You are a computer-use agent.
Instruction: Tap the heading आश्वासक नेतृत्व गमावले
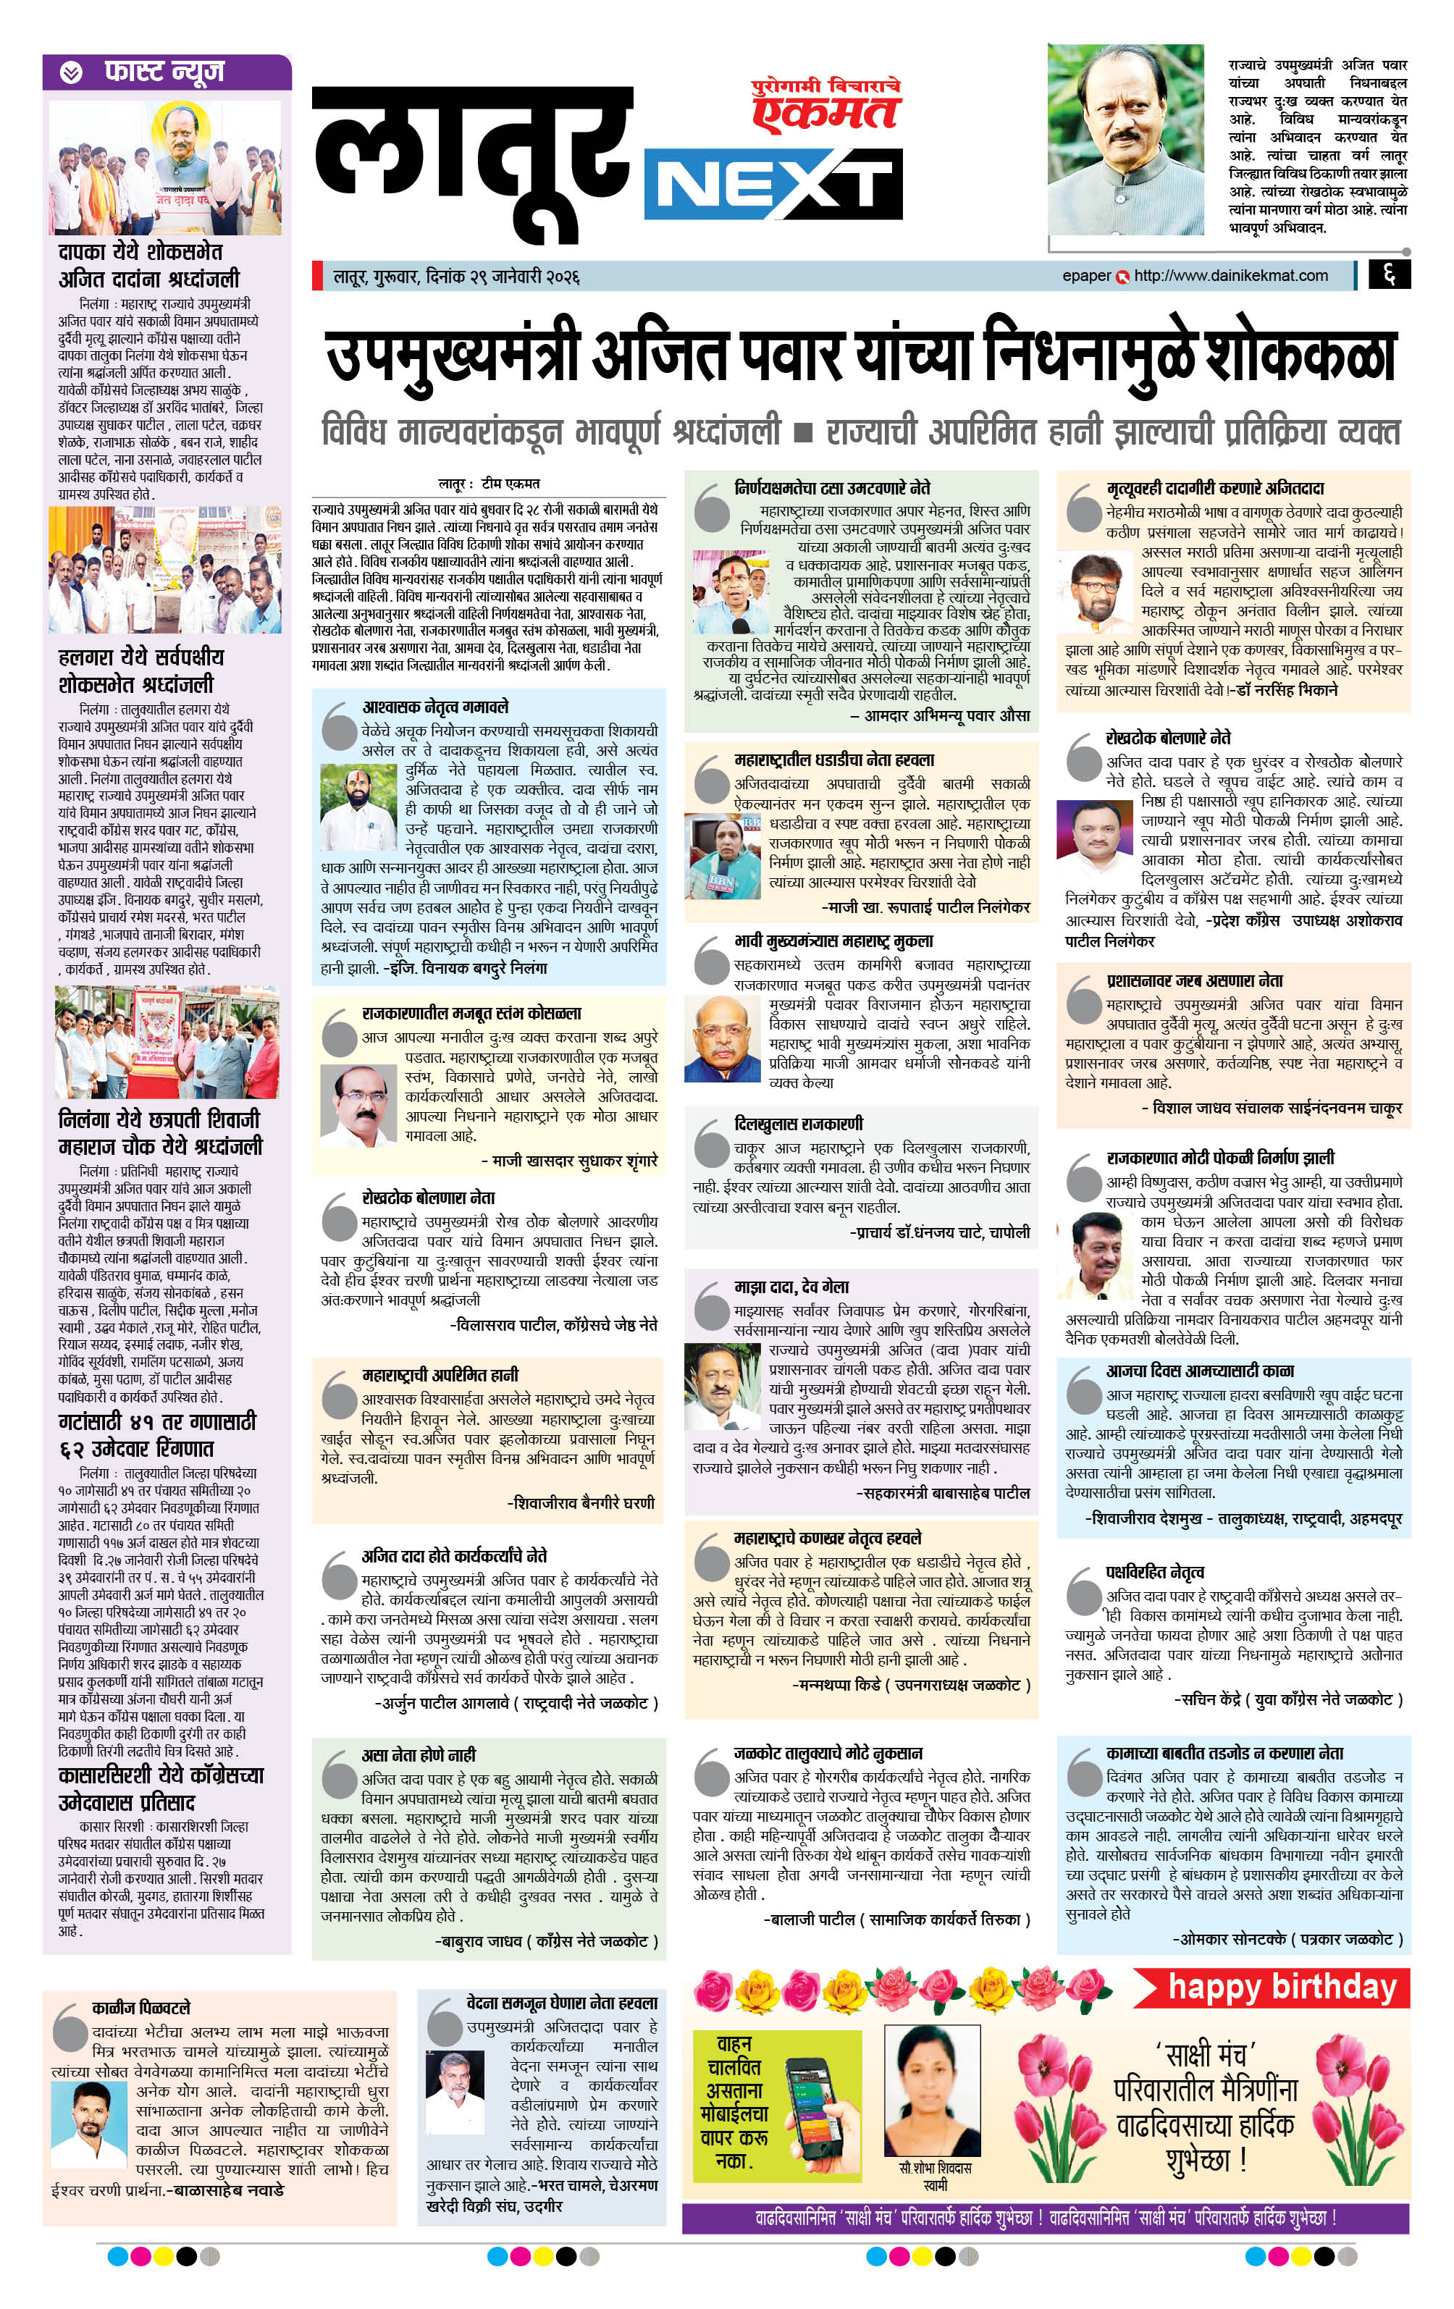click(x=434, y=707)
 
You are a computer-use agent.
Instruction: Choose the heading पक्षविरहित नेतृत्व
click(x=1155, y=1572)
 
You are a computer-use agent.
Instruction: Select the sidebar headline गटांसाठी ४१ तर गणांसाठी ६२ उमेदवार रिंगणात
click(x=157, y=1434)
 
